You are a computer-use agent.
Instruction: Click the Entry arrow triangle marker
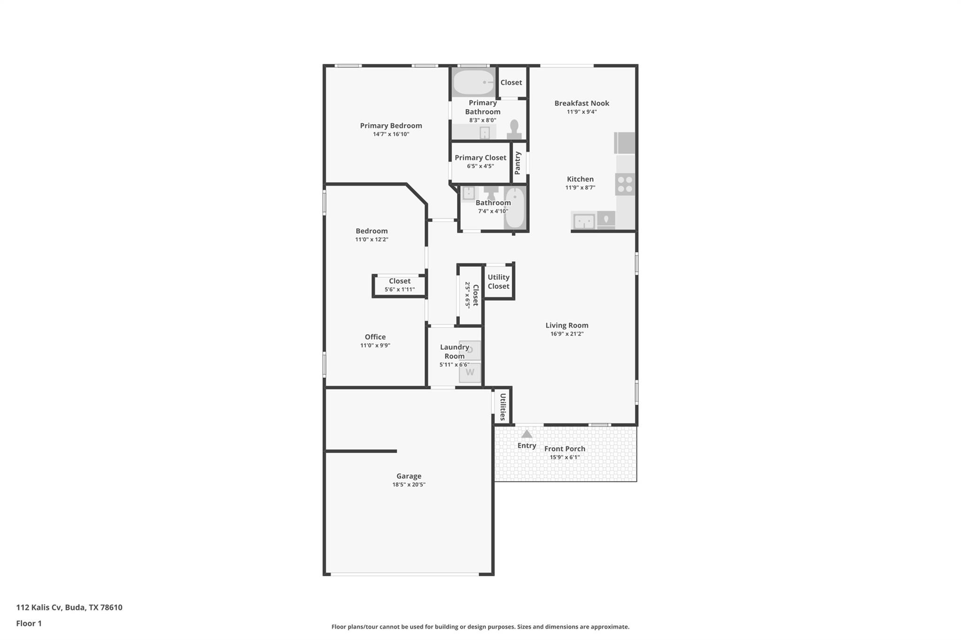tap(526, 434)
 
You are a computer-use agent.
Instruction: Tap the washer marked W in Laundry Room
tap(470, 373)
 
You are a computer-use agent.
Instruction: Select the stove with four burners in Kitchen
tap(625, 184)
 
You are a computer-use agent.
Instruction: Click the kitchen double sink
tap(584, 221)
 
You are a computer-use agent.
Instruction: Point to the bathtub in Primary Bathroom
tap(473, 83)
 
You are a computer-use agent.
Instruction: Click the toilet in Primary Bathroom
tap(514, 130)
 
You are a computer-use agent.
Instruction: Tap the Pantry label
tap(518, 163)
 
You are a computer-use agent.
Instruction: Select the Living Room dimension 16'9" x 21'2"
tap(566, 334)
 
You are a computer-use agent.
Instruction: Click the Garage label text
tap(409, 476)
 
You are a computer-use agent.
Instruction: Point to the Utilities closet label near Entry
tap(503, 407)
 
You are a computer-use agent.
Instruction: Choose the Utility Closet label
tap(498, 282)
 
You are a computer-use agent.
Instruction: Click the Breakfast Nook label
tap(581, 103)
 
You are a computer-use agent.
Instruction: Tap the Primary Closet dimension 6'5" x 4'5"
tap(480, 166)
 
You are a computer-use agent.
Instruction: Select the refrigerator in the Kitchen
tap(625, 143)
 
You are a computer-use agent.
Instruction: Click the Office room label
tap(375, 337)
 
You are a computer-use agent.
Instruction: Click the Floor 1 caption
tap(29, 623)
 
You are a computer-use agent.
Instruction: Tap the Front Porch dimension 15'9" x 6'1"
tap(564, 457)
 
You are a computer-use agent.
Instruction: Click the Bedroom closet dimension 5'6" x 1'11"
tap(399, 289)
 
